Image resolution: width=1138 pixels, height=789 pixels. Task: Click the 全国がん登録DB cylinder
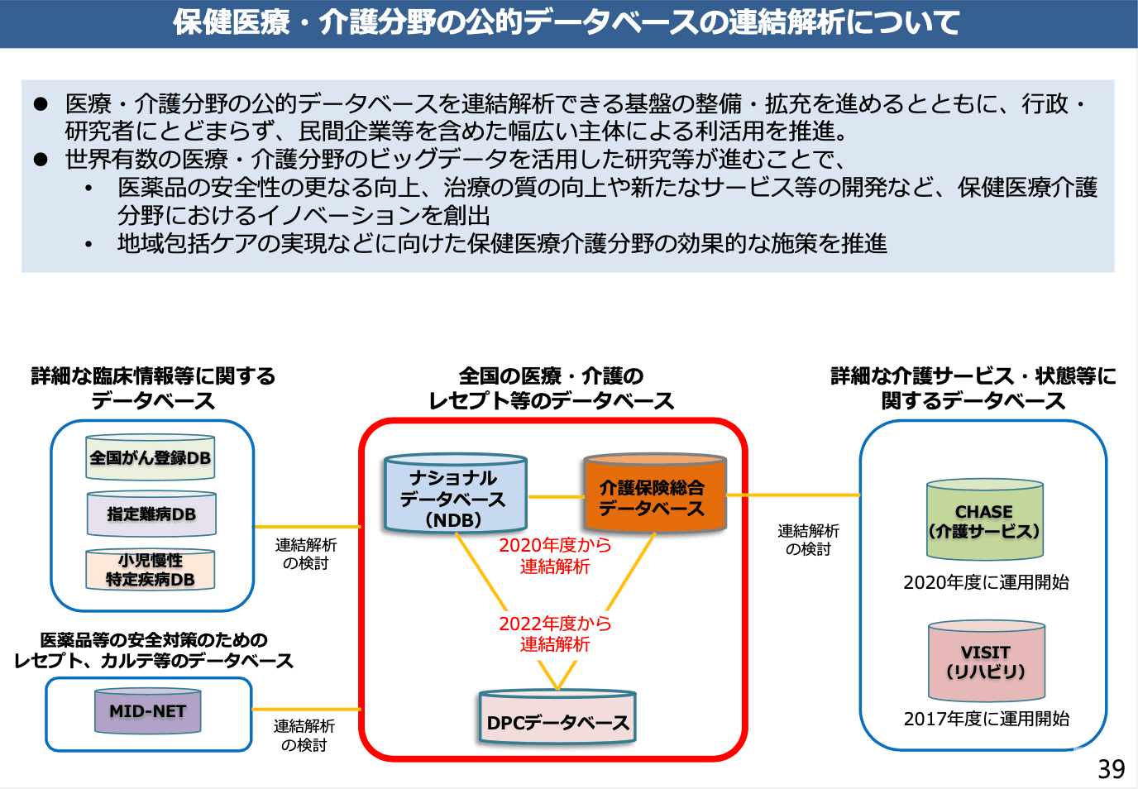[x=150, y=457]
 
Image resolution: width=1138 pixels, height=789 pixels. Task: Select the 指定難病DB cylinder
[x=151, y=514]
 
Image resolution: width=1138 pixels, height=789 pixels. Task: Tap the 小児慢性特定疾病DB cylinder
[x=150, y=570]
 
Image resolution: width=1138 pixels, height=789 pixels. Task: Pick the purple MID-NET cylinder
[x=148, y=711]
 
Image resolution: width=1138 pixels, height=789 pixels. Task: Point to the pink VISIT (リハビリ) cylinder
[x=986, y=662]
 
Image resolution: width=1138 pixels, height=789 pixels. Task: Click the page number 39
[x=1111, y=769]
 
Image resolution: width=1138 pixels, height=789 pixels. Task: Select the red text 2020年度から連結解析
[x=555, y=556]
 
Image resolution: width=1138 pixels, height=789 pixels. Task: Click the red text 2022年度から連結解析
[x=555, y=634]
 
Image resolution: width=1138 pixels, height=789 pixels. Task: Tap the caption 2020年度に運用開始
[x=986, y=582]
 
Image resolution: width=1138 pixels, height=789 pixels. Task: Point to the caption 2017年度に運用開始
[x=986, y=719]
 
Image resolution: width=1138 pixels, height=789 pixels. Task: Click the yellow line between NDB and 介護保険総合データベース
[x=556, y=497]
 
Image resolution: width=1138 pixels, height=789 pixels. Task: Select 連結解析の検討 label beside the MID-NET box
[x=304, y=735]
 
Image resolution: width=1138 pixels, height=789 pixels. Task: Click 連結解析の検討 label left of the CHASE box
[x=808, y=540]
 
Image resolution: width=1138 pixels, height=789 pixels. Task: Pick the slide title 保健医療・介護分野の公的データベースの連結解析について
[x=567, y=22]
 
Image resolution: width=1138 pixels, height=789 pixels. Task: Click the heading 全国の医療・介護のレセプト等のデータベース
[x=552, y=389]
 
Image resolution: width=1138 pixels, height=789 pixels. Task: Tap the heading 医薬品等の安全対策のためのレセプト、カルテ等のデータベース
[x=154, y=650]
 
